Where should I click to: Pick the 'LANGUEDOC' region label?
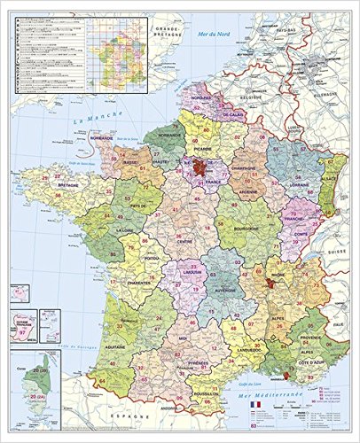(x=225, y=350)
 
